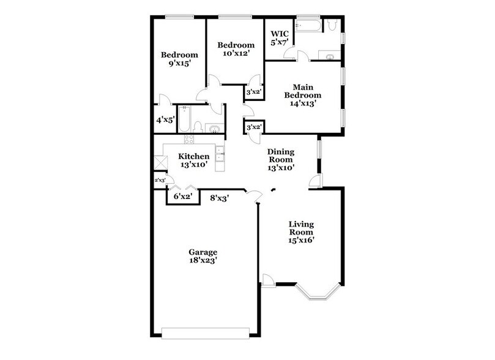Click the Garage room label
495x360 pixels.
coord(203,252)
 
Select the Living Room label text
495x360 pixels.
coord(301,228)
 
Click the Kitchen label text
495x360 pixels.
coord(193,156)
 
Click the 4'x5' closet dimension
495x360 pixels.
coord(165,121)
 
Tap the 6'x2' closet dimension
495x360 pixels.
coord(183,197)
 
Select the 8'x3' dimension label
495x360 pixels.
coord(219,198)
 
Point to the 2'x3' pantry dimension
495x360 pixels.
coord(160,181)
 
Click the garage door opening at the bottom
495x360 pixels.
coord(205,332)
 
